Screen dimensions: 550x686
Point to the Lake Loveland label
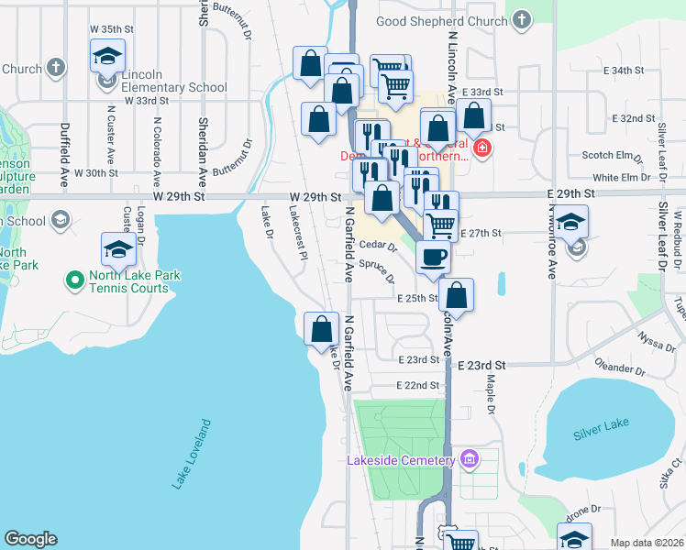coord(191,455)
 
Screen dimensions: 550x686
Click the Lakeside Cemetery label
coord(401,460)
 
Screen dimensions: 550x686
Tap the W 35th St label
coord(111,29)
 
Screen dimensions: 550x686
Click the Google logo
coord(31,539)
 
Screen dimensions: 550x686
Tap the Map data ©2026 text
coord(647,543)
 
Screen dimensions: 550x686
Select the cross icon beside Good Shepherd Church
coord(522,19)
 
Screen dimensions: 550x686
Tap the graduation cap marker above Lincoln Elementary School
coord(107,56)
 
